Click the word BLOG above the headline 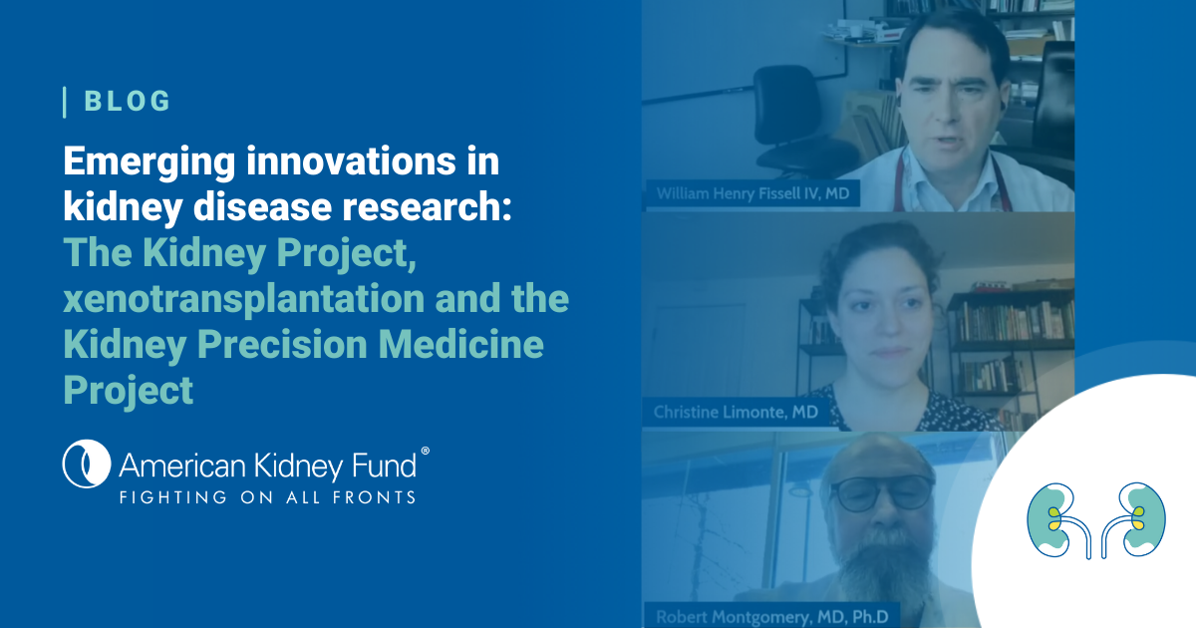[129, 101]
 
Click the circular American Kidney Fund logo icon [85, 465]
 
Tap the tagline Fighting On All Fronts [267, 495]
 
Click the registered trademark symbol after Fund [426, 451]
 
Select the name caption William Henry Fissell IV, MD [752, 193]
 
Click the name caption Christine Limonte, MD [743, 412]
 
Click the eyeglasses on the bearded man [881, 491]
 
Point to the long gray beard [882, 568]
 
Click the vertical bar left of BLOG [65, 101]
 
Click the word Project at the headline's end [129, 390]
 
